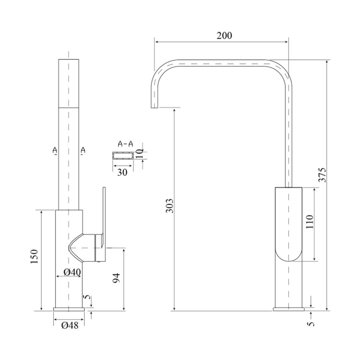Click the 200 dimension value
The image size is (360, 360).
tap(224, 36)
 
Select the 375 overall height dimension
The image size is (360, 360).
tap(322, 175)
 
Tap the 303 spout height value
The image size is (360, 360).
tap(170, 206)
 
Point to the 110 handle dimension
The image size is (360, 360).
tap(309, 222)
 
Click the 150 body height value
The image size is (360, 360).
tap(34, 256)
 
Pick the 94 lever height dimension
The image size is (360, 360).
tap(117, 278)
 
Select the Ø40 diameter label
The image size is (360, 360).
tap(72, 272)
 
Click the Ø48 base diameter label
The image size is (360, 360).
tap(70, 325)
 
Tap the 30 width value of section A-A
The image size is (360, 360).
tap(122, 172)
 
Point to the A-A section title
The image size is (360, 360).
tap(125, 144)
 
